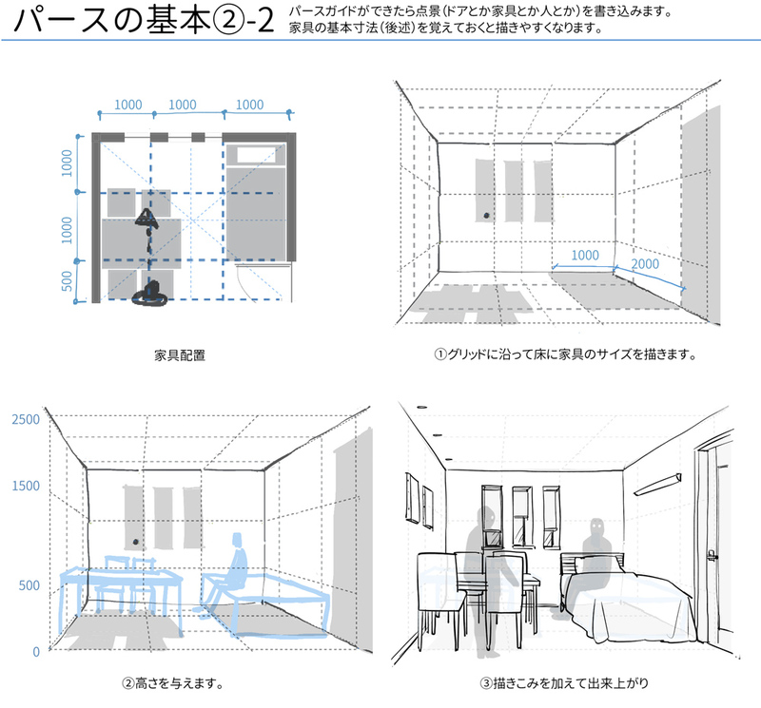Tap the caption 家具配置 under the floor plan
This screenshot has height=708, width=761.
point(180,355)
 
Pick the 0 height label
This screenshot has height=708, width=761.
point(35,652)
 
